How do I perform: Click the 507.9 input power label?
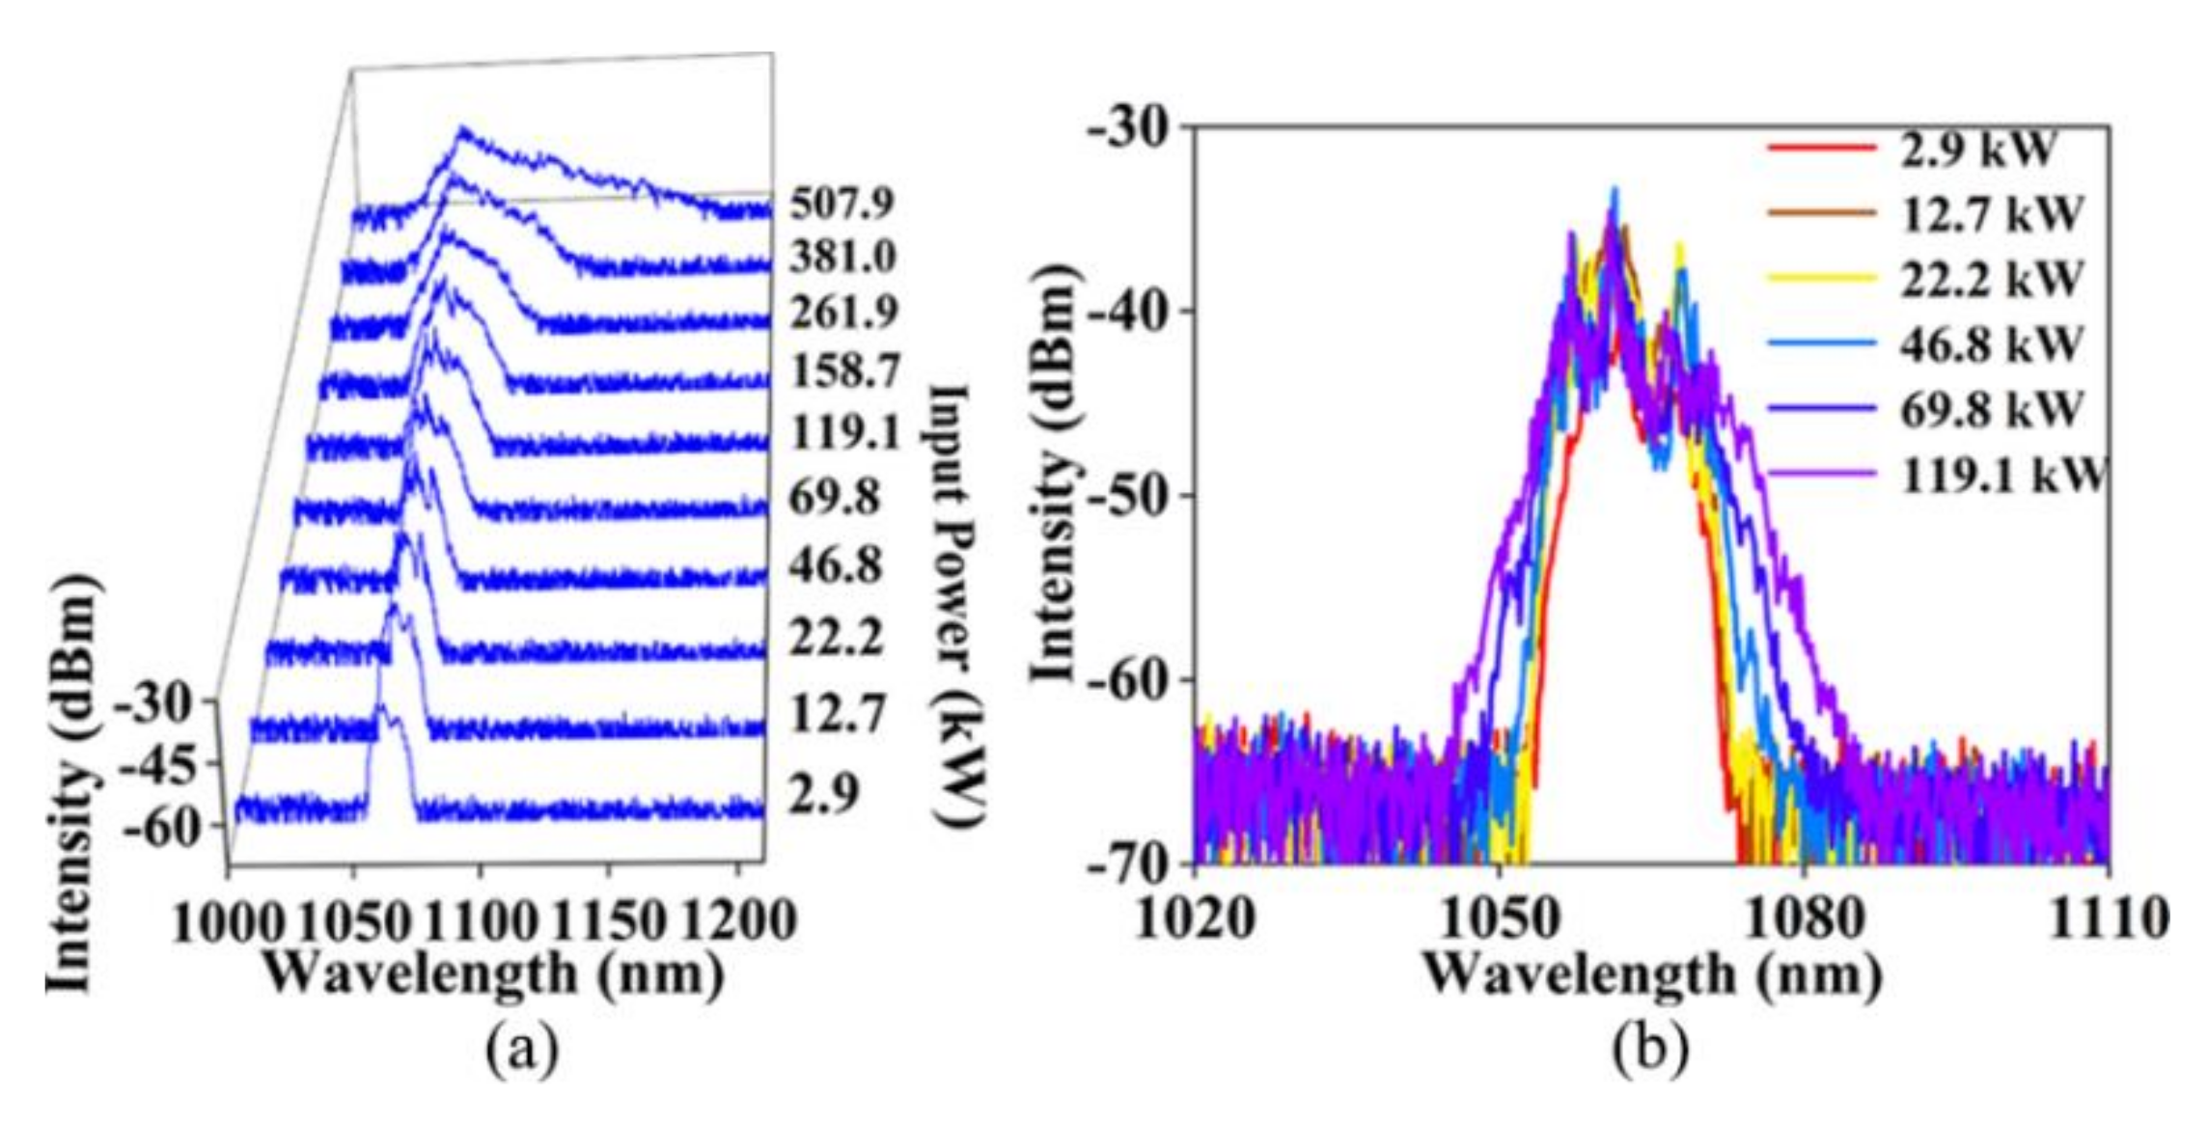pos(842,204)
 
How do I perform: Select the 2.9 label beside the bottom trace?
pos(823,795)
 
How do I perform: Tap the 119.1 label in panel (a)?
pos(845,432)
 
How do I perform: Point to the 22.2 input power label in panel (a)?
pos(836,638)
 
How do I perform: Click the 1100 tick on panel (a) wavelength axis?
pos(480,921)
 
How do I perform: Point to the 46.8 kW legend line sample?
pos(1822,343)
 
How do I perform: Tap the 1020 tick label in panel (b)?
pos(1195,918)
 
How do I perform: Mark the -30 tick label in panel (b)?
pos(1127,127)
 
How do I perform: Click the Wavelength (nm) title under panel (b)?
pos(1652,974)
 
